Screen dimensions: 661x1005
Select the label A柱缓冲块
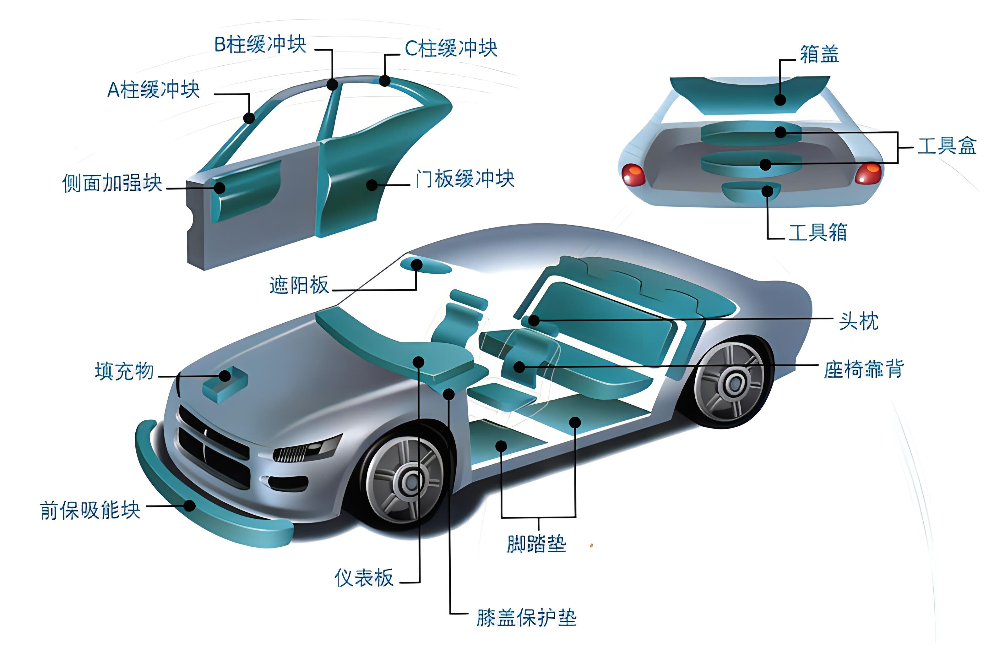tap(154, 90)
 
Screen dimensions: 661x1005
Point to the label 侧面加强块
tap(112, 183)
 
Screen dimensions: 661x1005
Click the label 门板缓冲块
tap(464, 179)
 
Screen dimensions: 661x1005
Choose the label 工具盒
tap(947, 146)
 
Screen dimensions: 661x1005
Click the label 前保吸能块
tap(90, 510)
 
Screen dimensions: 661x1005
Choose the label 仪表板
tap(364, 578)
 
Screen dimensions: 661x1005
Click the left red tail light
tap(633, 174)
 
